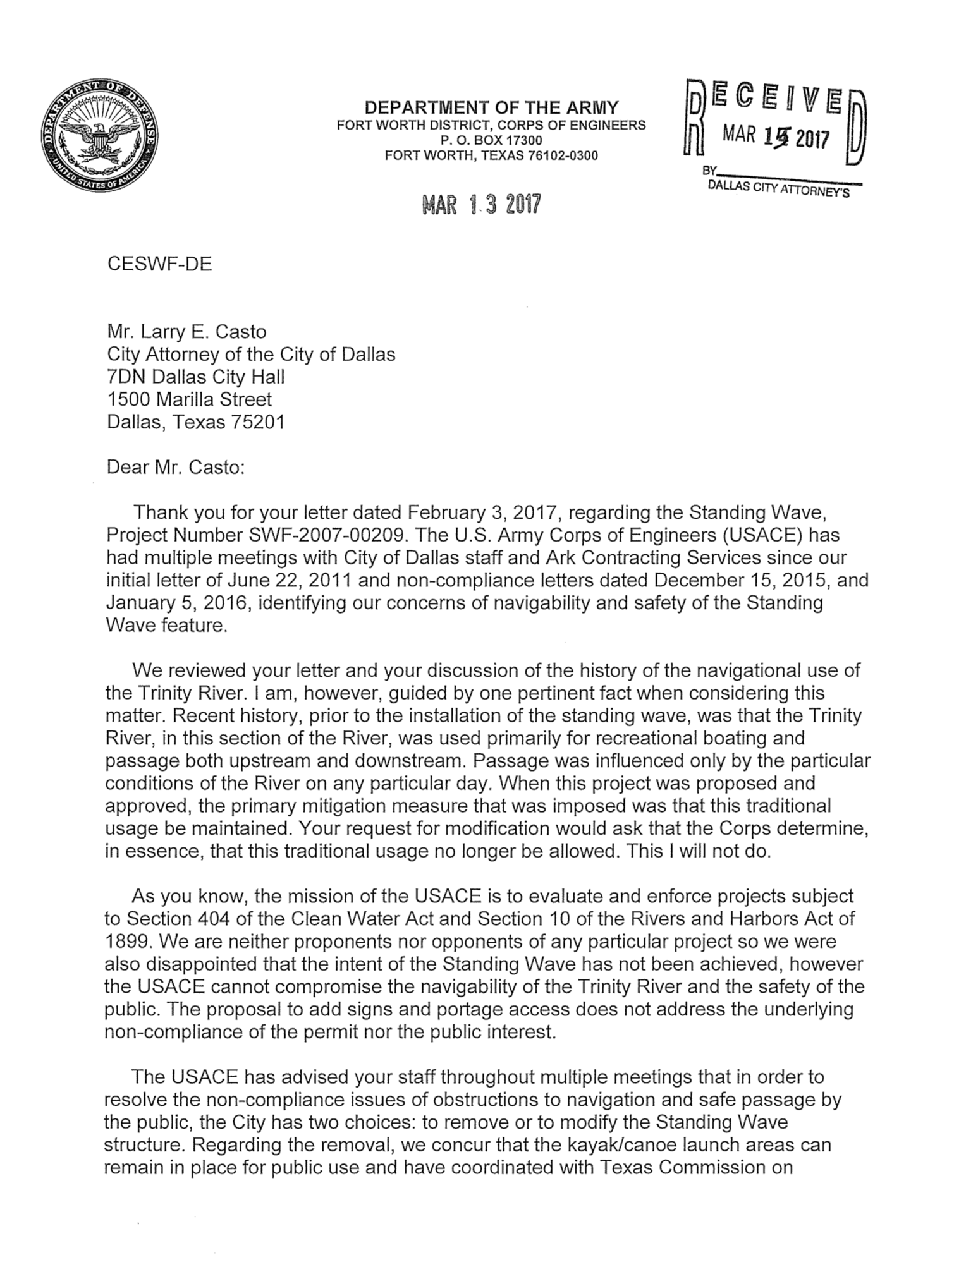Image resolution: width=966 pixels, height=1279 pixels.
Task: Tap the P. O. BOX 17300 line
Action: click(491, 140)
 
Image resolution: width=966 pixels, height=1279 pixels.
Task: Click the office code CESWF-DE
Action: click(159, 264)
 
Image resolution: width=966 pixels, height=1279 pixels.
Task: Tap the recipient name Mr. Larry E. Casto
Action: click(186, 332)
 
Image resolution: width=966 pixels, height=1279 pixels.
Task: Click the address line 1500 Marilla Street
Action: click(190, 399)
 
